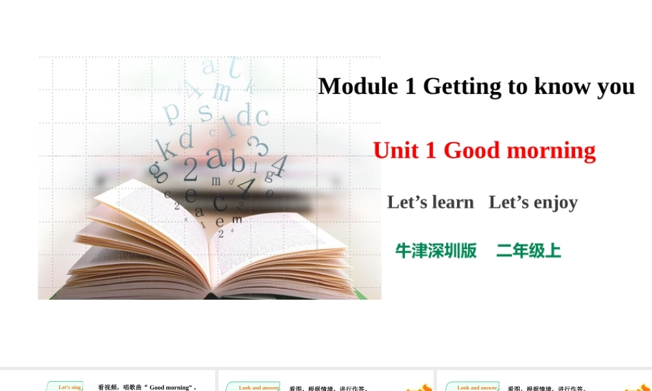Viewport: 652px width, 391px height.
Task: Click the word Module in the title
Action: tap(357, 86)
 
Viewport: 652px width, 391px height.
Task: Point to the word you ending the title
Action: tap(616, 87)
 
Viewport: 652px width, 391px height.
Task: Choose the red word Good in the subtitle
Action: tap(472, 151)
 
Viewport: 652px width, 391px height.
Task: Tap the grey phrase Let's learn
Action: tap(430, 202)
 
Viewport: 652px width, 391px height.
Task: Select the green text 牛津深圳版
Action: tap(436, 251)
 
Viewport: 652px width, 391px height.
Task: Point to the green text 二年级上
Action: tap(529, 251)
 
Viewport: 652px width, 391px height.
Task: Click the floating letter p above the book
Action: tap(171, 111)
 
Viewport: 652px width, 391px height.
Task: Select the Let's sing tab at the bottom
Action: tap(70, 387)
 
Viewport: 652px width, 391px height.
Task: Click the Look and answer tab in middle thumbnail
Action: tap(258, 387)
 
